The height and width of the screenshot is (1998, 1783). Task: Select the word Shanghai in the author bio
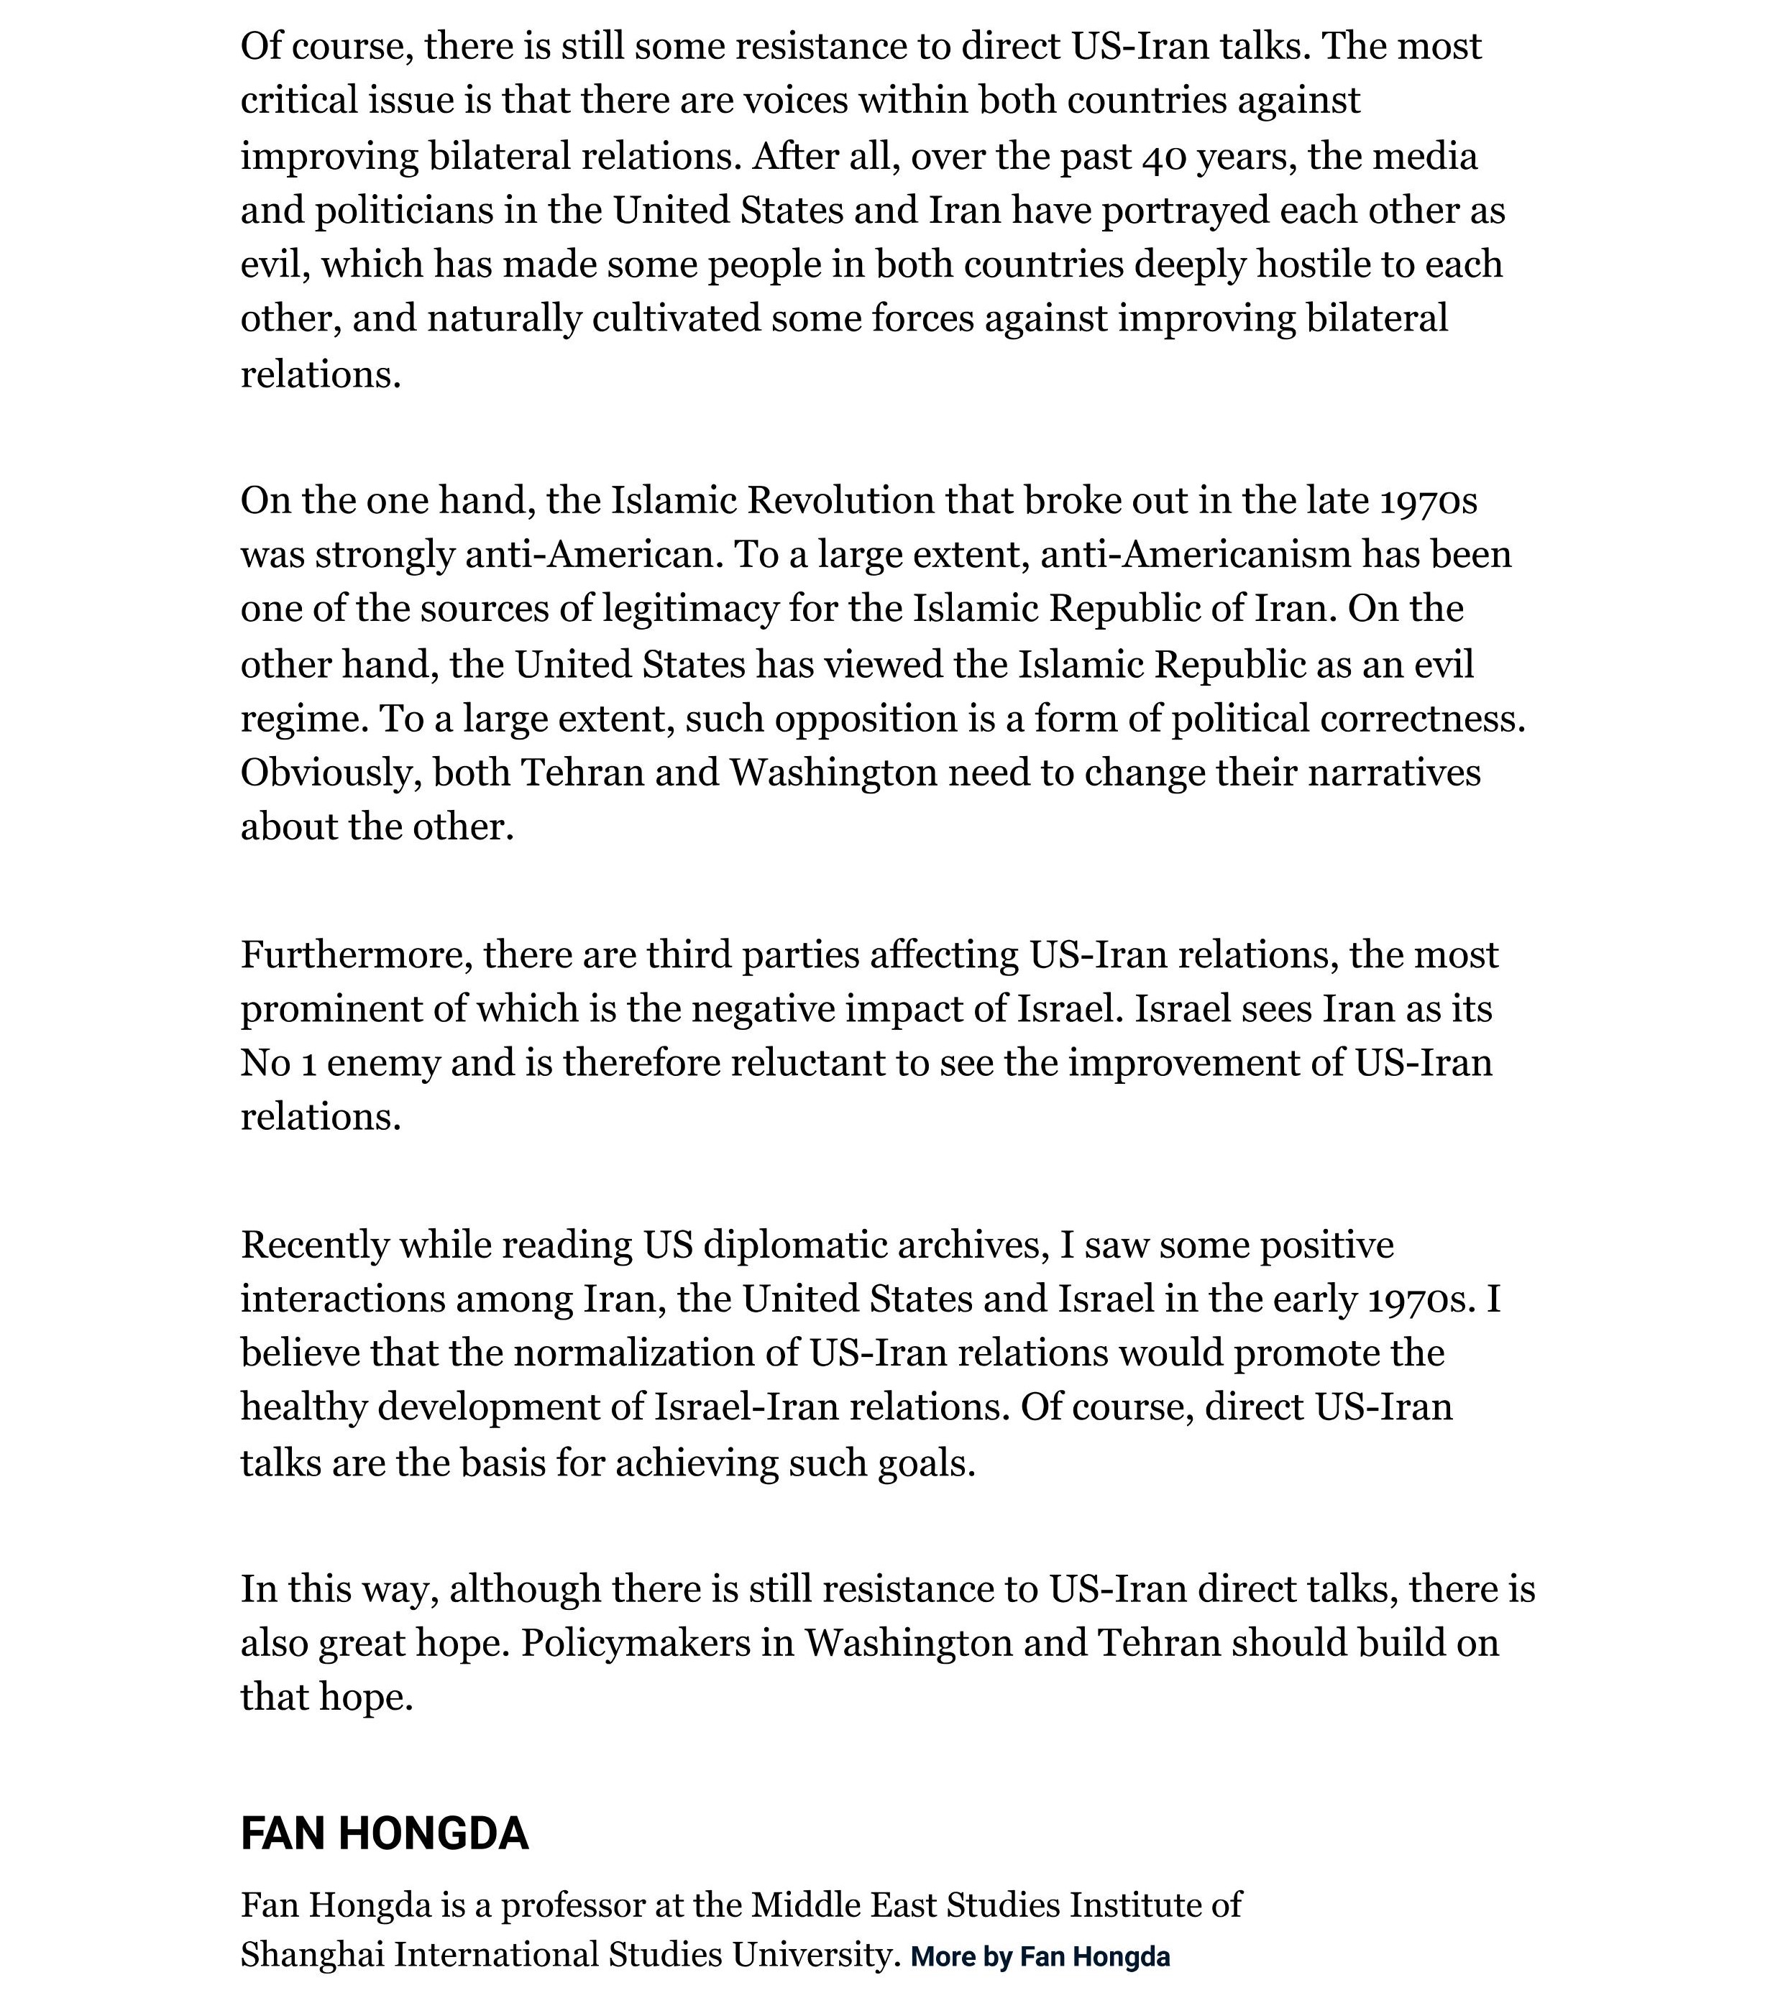click(313, 1954)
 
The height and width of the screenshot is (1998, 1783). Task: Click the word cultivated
click(676, 319)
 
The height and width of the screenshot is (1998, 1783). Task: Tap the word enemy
click(383, 1064)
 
